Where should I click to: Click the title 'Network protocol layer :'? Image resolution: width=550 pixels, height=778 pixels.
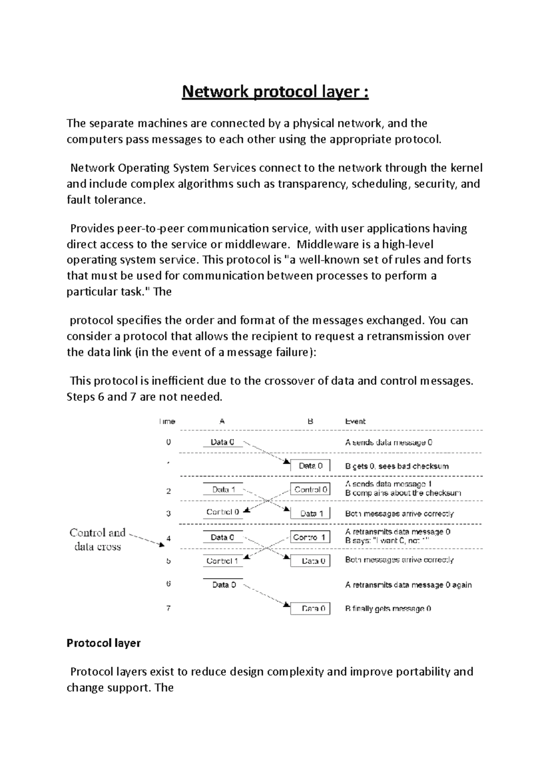tap(275, 92)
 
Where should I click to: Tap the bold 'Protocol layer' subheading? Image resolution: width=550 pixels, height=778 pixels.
tap(104, 643)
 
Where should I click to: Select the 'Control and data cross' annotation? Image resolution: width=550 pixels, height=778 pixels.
tap(97, 539)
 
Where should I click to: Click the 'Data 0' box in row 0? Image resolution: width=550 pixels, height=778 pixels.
tap(222, 442)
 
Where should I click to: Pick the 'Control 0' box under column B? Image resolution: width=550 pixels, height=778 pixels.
tap(311, 489)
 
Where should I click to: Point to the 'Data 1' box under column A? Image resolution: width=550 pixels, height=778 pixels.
tap(223, 489)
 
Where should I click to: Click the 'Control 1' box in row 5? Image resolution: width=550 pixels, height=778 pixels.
tap(222, 561)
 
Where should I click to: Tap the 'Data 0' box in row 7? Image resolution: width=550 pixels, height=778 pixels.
tap(311, 608)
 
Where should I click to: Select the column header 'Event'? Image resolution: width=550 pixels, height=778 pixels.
tap(355, 421)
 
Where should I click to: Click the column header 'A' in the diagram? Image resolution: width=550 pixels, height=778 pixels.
tap(222, 421)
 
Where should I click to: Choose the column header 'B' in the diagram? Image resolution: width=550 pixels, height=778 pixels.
tap(310, 421)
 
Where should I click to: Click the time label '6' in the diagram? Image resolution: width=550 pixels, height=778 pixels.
tap(169, 584)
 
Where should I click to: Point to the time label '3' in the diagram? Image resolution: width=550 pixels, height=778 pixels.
tap(169, 514)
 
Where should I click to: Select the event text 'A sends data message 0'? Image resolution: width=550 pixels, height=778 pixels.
tap(389, 443)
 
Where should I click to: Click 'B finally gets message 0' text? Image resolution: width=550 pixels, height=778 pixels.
tap(388, 608)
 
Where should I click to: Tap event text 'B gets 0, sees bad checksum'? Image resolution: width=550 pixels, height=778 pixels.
tap(396, 466)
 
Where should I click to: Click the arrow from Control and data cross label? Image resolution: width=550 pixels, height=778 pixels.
tap(147, 540)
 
